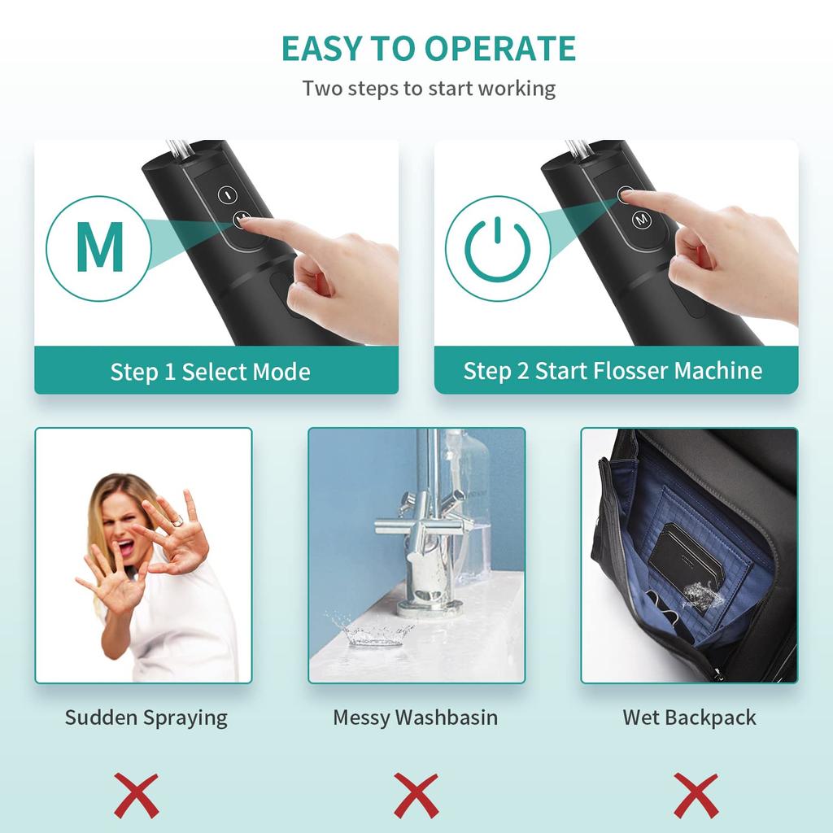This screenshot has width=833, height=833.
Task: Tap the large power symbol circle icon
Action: tap(497, 249)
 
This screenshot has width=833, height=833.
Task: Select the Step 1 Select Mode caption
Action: tap(211, 373)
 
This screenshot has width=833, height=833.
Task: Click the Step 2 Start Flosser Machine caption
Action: tap(613, 371)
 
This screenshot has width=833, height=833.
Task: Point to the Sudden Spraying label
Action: tap(146, 717)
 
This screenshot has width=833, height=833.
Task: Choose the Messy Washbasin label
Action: tap(415, 717)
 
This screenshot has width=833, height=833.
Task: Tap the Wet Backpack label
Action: tap(689, 717)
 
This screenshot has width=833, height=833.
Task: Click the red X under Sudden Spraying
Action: tap(136, 796)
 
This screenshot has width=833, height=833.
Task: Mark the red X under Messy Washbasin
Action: tap(416, 796)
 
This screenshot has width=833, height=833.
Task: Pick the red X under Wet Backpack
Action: tap(696, 796)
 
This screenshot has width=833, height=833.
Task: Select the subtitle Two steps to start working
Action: tap(429, 88)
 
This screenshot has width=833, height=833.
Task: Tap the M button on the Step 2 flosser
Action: tap(641, 220)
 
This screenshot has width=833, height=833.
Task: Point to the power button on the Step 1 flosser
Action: tap(227, 195)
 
